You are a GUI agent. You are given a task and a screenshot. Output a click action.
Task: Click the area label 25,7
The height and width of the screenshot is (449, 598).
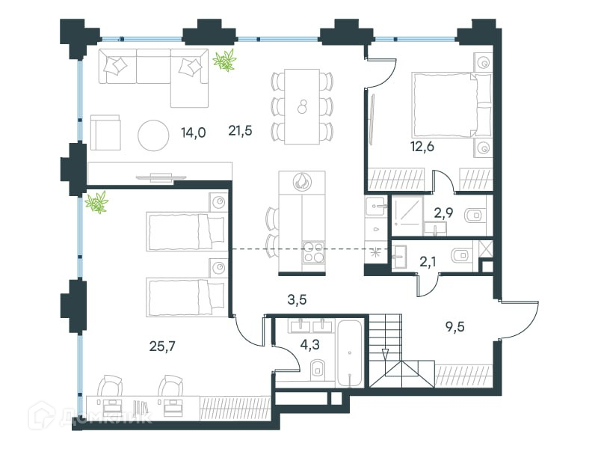coord(162,346)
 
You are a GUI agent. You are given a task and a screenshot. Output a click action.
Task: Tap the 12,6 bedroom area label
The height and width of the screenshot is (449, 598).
coord(422,147)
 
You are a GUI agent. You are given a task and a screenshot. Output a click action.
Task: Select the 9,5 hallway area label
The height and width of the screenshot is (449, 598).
coord(455,327)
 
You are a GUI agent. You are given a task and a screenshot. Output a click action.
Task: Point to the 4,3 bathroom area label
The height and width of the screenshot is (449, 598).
coord(309,345)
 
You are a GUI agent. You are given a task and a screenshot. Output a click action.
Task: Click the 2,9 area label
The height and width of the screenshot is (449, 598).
coord(443,213)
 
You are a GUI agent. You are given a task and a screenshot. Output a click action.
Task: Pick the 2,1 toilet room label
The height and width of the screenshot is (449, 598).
coord(428,263)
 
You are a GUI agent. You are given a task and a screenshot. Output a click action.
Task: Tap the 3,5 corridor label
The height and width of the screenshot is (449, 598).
coord(297,300)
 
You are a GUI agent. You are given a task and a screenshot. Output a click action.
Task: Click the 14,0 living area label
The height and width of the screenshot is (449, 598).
coord(194,133)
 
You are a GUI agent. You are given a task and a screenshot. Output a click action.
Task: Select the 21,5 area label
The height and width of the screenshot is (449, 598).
coord(240,131)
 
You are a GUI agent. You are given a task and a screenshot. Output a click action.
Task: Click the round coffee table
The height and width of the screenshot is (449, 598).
coord(153,135)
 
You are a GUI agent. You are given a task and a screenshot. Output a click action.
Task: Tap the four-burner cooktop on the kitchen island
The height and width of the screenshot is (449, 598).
coord(313,252)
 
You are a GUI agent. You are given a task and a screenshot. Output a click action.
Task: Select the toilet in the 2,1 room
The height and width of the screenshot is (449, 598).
coord(460,255)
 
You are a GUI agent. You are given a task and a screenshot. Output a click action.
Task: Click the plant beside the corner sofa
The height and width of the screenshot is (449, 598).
coord(225,61)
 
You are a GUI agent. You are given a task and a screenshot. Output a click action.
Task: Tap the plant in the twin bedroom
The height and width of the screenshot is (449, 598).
coord(97,202)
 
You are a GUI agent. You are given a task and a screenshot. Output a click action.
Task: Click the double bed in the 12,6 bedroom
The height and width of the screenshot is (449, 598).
coord(451,105)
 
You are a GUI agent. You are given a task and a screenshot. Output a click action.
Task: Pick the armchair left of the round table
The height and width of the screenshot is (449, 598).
coord(105,132)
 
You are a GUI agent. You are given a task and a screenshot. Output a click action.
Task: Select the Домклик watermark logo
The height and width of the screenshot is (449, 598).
coord(91,416)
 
